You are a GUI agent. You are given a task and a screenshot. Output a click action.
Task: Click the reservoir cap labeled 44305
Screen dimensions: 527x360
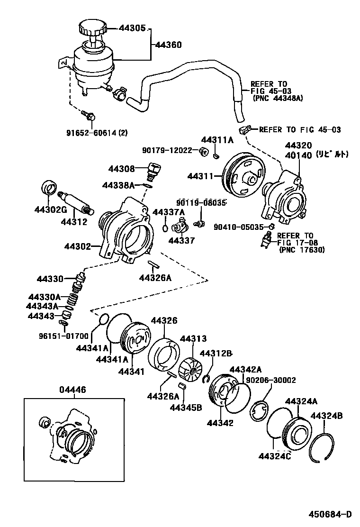[x=92, y=28]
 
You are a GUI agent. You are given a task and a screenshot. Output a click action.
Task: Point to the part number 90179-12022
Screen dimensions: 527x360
[x=167, y=150]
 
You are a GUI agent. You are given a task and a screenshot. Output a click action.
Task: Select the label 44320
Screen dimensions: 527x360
[x=298, y=145]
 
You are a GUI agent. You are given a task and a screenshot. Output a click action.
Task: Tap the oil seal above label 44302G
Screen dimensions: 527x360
[x=49, y=187]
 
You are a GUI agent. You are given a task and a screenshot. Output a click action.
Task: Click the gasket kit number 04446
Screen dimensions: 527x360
[x=72, y=390]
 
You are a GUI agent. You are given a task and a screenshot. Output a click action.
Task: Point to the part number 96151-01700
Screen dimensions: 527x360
[x=63, y=336]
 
